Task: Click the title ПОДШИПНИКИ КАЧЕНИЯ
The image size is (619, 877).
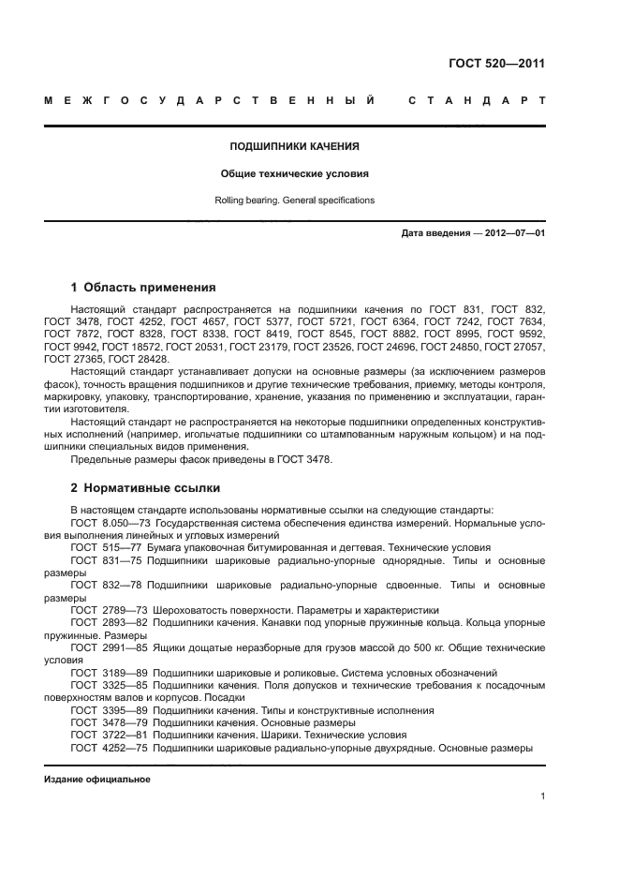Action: click(x=295, y=146)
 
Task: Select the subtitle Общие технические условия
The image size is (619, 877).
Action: click(x=295, y=173)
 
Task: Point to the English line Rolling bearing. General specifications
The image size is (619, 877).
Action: click(x=295, y=200)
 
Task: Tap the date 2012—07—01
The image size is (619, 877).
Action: click(x=512, y=233)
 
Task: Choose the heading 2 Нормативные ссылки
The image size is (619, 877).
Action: click(x=146, y=488)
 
